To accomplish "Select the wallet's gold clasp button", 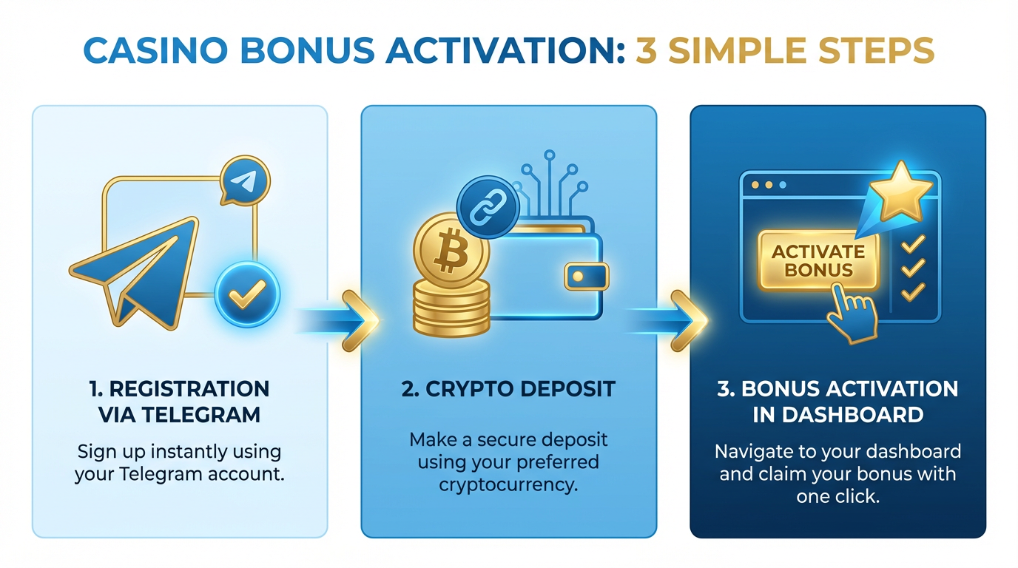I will pos(586,277).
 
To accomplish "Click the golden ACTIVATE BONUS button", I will pos(818,261).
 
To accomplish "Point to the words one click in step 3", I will pos(837,496).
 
